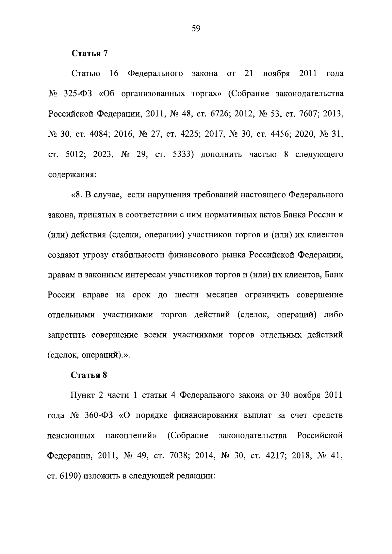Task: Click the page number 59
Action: pos(196,29)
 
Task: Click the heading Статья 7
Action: pos(89,54)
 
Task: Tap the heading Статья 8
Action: pos(89,375)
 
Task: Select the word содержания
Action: pos(72,175)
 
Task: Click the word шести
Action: pos(187,295)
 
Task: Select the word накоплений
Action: pos(131,436)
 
